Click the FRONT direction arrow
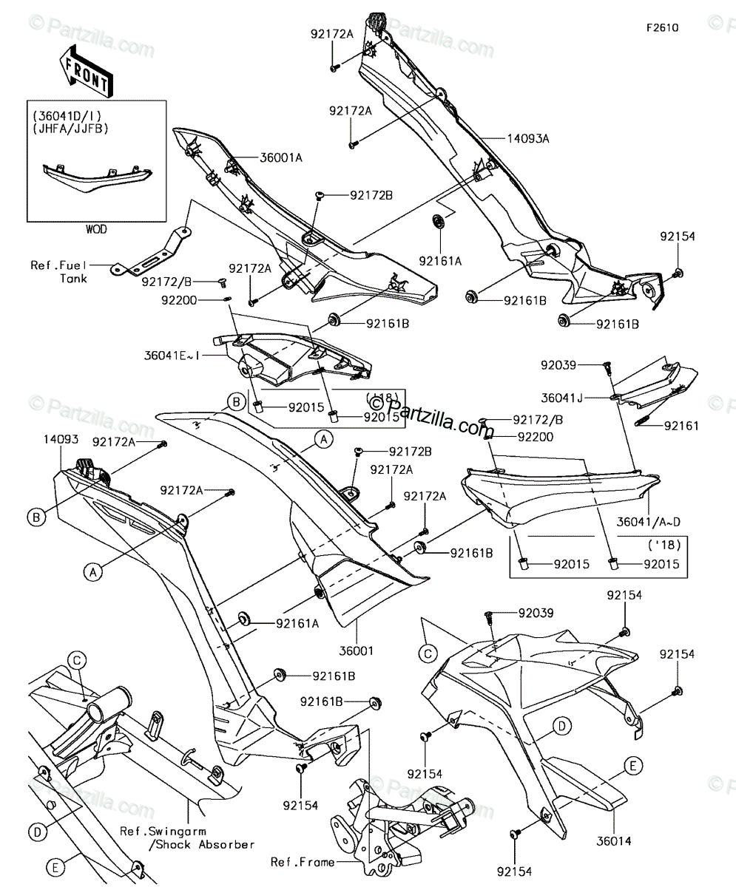pos(87,71)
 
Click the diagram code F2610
pos(663,28)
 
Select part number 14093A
pos(528,138)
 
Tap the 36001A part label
pos(281,158)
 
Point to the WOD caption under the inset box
pos(96,229)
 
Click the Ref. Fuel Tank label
pos(58,272)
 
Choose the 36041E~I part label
pos(172,356)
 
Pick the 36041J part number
pos(561,398)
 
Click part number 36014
pos(613,840)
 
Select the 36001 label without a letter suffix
pos(357,650)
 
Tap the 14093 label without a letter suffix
pos(61,439)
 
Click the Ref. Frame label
pos(303,862)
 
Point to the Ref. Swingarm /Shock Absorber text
pos(187,837)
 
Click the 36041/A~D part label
pos(649,522)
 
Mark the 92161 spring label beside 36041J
pos(681,426)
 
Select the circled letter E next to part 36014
pos(633,766)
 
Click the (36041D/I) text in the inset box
pos(67,116)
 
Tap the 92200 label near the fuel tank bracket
pos(179,300)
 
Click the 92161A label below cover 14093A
pos(440,261)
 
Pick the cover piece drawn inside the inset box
pos(98,177)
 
